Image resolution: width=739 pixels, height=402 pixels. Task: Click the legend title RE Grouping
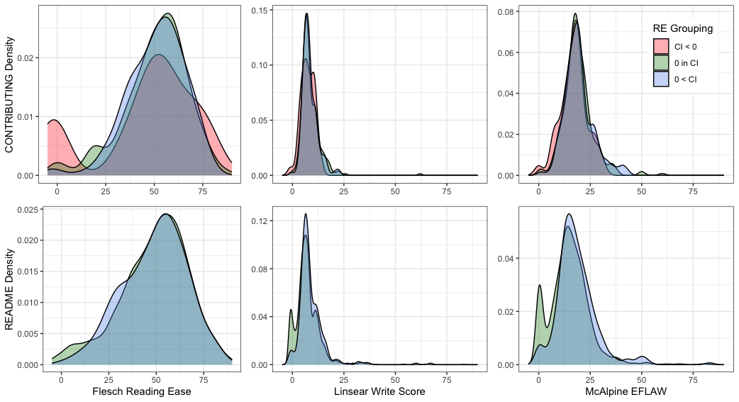[x=682, y=29]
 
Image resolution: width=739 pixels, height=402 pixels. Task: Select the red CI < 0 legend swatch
[x=661, y=47]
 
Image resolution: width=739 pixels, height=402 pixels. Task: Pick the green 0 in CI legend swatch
[x=661, y=63]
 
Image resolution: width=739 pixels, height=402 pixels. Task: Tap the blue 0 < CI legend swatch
[x=661, y=79]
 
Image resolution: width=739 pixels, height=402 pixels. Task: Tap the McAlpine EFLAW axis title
[x=624, y=391]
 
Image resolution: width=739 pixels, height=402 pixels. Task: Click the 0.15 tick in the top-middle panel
[x=260, y=11]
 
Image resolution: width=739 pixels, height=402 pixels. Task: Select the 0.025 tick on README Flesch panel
[x=23, y=210]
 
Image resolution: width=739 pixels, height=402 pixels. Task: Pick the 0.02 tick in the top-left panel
[x=26, y=57]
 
